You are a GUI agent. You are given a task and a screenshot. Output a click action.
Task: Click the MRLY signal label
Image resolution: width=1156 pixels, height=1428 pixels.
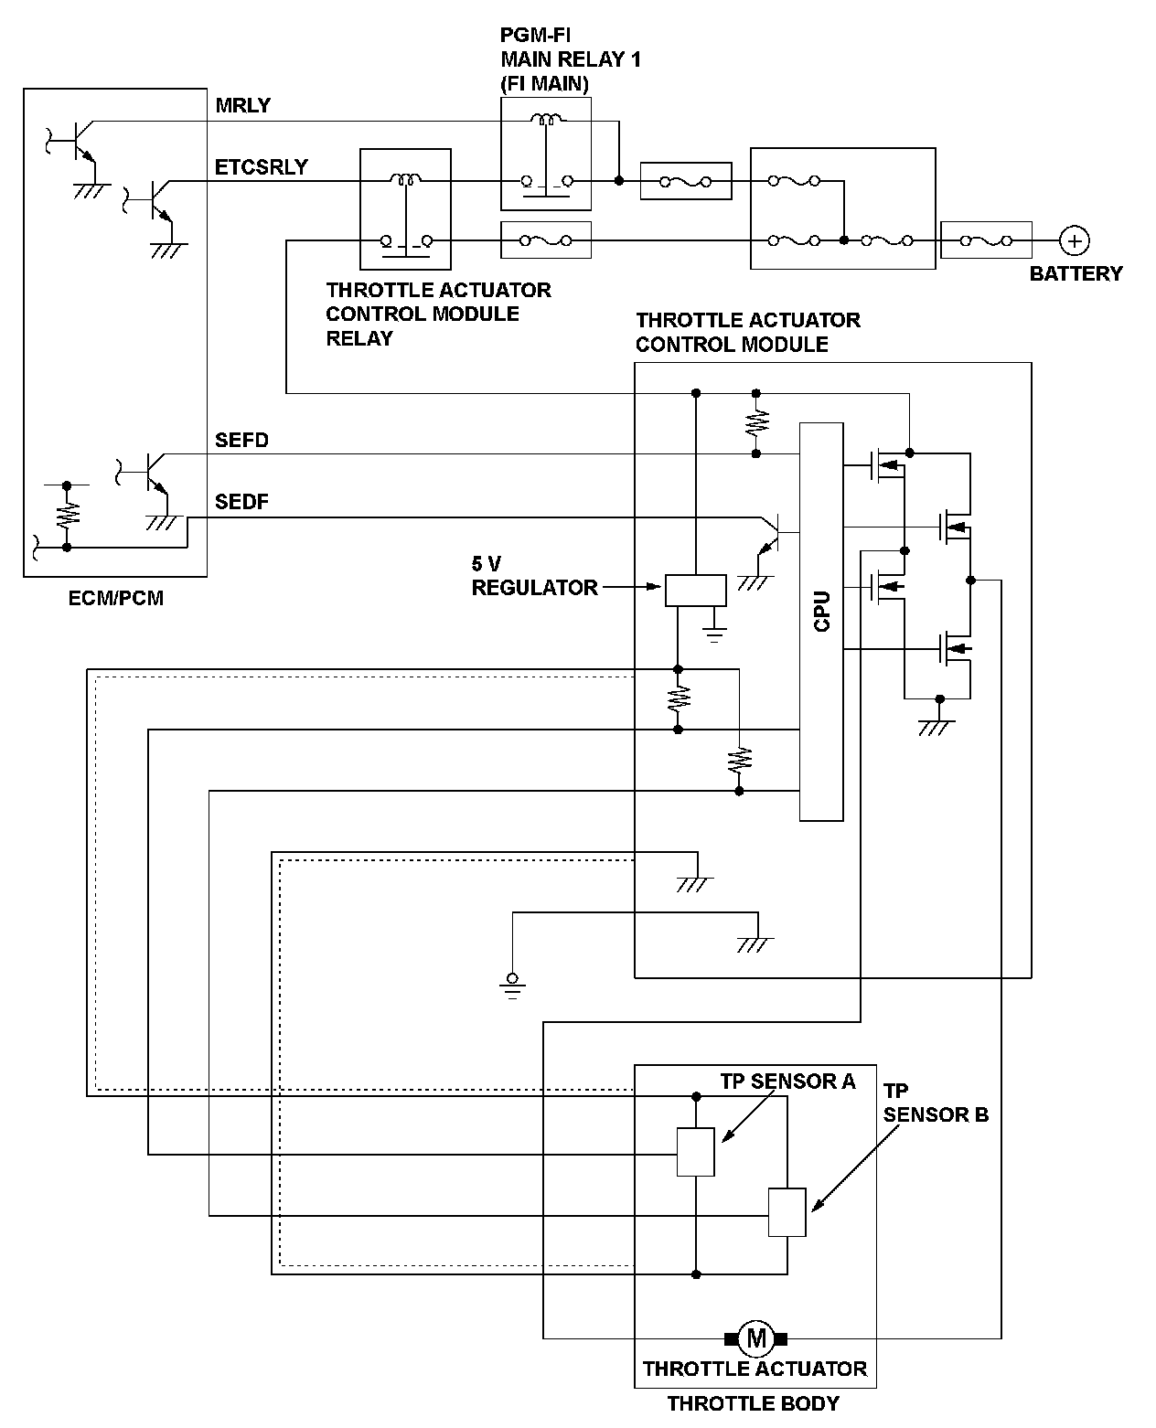point(242,105)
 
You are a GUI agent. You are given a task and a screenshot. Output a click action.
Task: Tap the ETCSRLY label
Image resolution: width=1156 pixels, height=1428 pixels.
point(261,167)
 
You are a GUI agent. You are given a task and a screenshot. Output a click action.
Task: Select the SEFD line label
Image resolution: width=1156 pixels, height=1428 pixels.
point(241,440)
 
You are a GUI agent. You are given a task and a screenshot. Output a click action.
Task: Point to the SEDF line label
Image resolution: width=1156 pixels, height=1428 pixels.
point(241,502)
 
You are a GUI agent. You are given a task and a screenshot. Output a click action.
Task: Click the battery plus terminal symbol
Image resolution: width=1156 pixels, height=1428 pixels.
point(1075,240)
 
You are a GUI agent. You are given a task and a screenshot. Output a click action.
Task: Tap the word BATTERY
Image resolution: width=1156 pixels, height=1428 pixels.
point(1076,273)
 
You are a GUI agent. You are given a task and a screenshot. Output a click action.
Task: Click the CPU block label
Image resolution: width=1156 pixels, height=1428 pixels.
point(822,611)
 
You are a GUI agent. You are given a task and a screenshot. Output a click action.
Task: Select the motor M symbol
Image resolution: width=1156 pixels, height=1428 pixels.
point(756,1338)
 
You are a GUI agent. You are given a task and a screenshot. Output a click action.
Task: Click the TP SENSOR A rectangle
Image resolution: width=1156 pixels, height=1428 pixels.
point(695,1152)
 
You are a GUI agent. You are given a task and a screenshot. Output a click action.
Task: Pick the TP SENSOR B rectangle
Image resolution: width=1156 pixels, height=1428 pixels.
point(787,1212)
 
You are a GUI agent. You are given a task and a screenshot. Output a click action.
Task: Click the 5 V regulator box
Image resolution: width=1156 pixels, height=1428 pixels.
point(695,590)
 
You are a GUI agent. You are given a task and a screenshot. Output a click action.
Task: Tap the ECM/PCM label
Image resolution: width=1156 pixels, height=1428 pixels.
point(116,598)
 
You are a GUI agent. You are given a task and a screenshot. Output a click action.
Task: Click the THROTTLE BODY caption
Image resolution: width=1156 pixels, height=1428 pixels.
point(753,1403)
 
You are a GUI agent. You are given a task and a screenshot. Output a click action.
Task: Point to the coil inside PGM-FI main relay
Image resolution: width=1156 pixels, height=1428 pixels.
point(547,120)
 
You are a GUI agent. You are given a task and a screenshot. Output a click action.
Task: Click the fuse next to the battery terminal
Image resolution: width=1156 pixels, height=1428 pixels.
point(986,240)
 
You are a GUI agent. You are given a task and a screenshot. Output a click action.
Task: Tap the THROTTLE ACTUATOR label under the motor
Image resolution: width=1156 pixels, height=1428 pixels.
point(755,1369)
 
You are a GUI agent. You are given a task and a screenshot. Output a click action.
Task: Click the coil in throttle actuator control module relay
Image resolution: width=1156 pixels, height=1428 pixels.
point(406,179)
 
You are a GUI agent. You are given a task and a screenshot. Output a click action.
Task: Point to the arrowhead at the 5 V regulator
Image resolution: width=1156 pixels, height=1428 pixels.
point(653,587)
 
